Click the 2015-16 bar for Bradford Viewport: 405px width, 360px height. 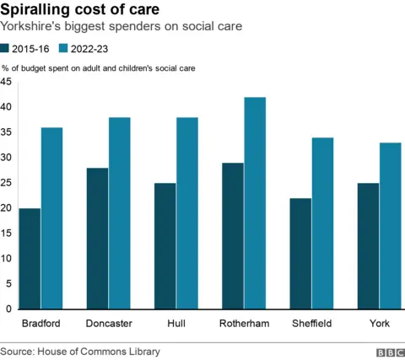tap(30, 258)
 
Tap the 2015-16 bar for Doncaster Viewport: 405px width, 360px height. tap(97, 238)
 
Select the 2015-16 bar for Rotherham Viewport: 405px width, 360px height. tap(232, 235)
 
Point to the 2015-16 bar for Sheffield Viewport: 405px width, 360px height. tap(300, 253)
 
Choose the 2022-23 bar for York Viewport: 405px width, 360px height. tap(390, 225)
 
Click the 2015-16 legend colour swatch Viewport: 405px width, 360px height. tap(8, 49)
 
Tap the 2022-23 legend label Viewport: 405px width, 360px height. tap(87, 49)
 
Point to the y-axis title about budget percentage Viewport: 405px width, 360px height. tap(99, 67)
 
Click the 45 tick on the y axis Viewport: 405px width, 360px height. tap(7, 82)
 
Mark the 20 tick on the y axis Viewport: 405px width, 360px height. tap(7, 208)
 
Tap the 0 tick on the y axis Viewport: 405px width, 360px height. tap(8, 309)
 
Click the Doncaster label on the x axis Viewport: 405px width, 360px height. tap(109, 323)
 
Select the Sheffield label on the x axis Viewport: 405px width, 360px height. tap(311, 323)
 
